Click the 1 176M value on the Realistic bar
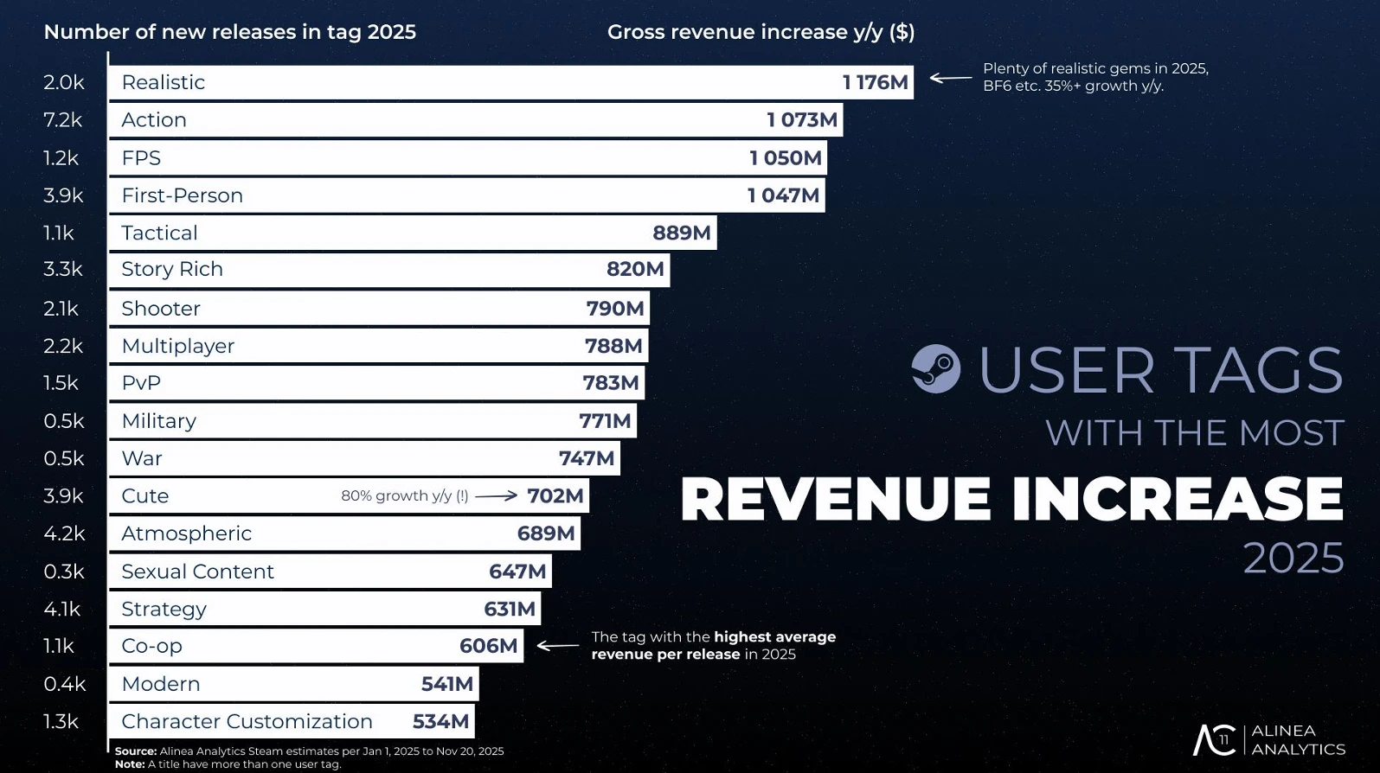point(875,82)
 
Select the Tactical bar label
point(159,233)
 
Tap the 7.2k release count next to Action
point(62,120)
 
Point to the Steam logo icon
point(935,369)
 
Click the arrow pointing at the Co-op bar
point(558,646)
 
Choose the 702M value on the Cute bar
point(555,496)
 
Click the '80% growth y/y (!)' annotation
point(404,496)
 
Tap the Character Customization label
point(247,721)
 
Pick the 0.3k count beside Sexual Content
point(64,572)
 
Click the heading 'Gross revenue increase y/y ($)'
point(761,32)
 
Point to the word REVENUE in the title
point(835,500)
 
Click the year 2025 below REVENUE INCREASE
point(1293,559)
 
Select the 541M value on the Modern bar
point(446,684)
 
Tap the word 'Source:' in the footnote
point(136,751)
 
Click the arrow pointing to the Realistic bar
point(951,78)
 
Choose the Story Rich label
point(172,269)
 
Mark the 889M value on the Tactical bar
point(681,233)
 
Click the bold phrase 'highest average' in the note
point(774,637)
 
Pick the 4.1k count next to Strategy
point(62,609)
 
